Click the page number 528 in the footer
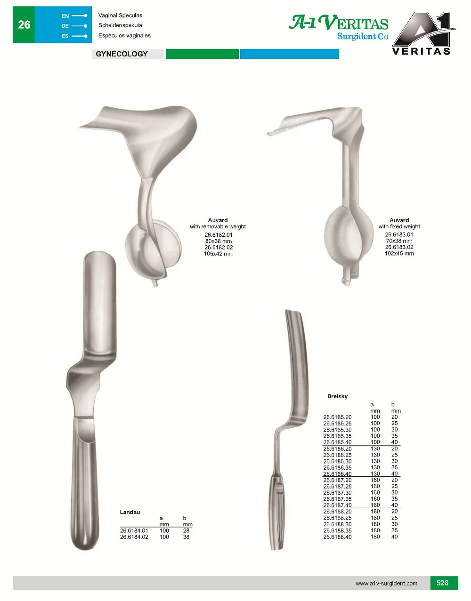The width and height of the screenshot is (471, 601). (442, 583)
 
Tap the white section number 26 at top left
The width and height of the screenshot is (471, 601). (24, 25)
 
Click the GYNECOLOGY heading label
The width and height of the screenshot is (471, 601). (122, 54)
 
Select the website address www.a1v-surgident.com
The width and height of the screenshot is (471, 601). (386, 584)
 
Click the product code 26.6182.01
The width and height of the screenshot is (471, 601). (219, 235)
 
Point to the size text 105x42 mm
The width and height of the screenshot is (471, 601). (219, 254)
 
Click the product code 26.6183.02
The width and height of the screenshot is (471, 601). (399, 247)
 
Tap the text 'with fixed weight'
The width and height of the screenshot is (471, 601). (399, 226)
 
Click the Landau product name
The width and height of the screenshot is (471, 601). (130, 512)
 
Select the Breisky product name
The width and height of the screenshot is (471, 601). (337, 396)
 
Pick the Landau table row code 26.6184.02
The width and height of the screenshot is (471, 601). (134, 537)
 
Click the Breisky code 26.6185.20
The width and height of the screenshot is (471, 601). (337, 417)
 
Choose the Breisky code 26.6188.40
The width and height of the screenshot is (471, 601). (337, 537)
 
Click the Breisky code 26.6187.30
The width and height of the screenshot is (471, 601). (337, 493)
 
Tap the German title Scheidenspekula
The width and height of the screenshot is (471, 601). (120, 25)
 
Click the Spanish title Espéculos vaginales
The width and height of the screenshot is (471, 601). (124, 35)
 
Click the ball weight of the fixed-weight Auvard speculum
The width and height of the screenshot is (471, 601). (344, 235)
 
